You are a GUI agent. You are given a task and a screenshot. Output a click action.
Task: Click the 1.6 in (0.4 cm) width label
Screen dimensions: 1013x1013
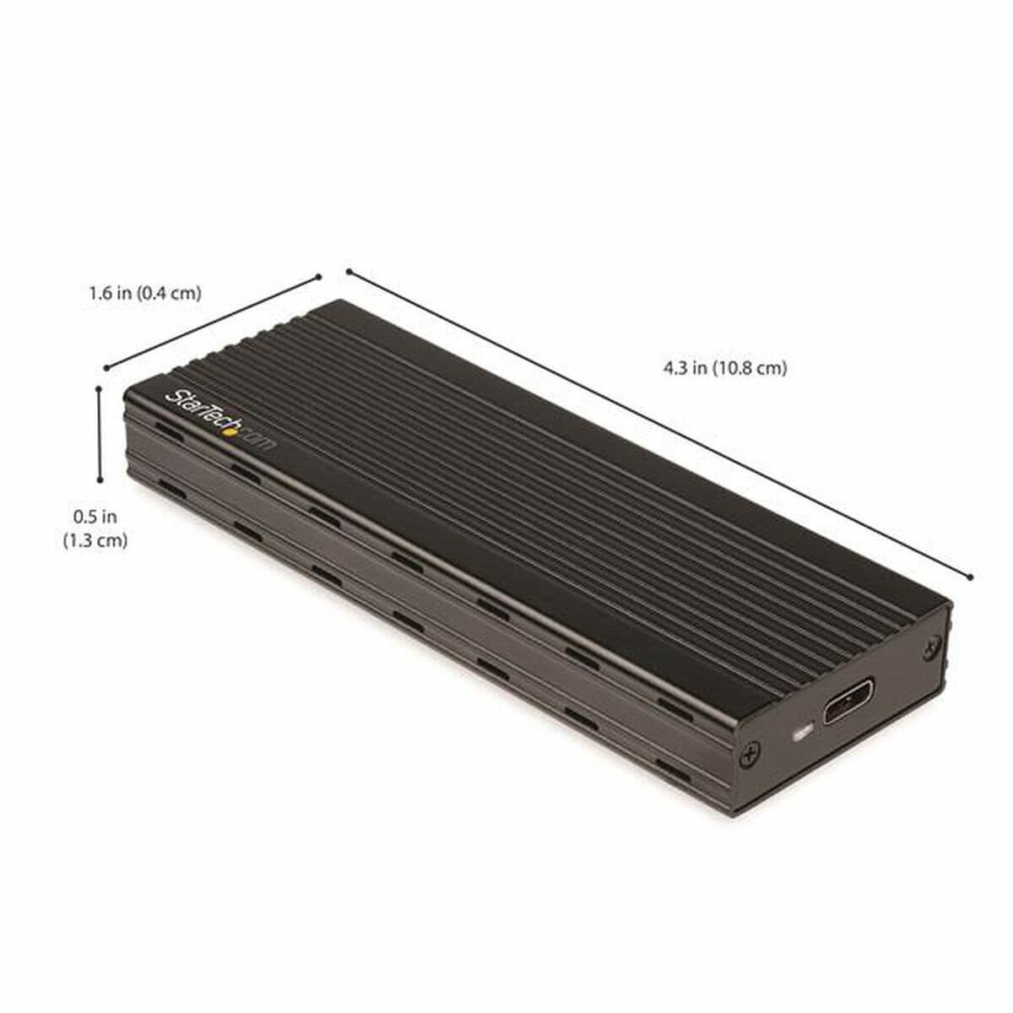click(145, 294)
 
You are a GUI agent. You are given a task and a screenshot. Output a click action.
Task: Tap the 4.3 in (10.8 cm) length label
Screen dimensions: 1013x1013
click(725, 368)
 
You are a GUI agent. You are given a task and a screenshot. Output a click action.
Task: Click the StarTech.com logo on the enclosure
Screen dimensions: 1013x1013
click(219, 421)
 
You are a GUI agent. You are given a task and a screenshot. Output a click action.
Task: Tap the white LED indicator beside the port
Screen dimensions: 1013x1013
click(803, 731)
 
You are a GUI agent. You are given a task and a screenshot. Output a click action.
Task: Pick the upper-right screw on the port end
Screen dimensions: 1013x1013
click(932, 646)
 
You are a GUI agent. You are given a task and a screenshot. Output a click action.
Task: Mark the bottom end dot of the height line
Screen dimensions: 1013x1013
click(100, 480)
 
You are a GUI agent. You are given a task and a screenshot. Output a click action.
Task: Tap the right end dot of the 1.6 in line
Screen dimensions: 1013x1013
click(319, 275)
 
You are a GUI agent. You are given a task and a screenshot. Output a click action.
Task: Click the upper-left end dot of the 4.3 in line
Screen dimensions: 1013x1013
click(349, 271)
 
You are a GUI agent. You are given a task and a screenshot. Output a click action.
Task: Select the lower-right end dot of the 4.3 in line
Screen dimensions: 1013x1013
click(972, 577)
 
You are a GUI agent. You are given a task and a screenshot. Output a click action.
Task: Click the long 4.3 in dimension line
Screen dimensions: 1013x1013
click(658, 424)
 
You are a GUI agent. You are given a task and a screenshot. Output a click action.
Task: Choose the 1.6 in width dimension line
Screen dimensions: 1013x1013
click(213, 321)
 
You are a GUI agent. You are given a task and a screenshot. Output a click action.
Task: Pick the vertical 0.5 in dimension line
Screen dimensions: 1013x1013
click(100, 435)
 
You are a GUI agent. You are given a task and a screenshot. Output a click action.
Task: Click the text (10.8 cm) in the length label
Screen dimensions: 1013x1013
click(749, 368)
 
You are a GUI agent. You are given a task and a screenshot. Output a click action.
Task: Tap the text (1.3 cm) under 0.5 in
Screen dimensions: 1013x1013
click(95, 540)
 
